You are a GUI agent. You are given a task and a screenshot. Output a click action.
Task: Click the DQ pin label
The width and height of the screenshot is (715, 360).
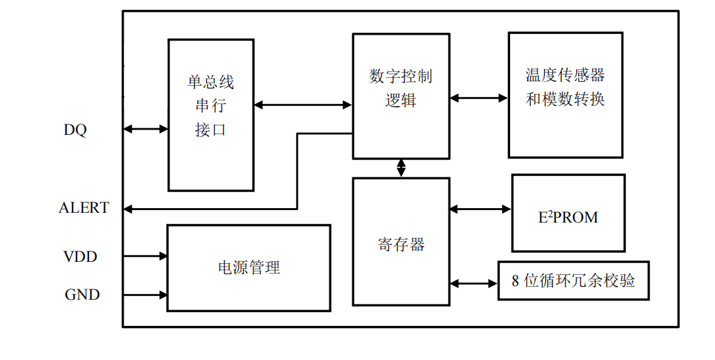75,130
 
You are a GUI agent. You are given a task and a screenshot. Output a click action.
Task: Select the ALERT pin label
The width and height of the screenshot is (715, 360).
84,208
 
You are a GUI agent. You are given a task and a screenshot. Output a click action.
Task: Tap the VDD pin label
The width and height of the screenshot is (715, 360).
81,257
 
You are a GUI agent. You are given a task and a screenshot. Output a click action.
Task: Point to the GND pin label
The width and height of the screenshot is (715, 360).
82,295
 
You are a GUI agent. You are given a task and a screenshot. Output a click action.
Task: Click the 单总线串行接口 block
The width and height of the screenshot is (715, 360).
211,115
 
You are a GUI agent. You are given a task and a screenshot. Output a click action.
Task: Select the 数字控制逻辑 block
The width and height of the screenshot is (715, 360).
401,96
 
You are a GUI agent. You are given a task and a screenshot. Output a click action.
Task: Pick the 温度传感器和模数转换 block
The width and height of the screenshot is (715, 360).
565,96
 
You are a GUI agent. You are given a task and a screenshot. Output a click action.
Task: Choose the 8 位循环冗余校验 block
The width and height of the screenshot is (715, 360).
574,281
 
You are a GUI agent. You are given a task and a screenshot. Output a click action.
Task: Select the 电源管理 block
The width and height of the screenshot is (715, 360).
249,268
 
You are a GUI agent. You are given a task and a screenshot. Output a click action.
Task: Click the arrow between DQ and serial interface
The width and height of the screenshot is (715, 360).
145,130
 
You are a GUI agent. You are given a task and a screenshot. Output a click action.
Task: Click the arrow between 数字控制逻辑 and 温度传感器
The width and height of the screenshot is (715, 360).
479,98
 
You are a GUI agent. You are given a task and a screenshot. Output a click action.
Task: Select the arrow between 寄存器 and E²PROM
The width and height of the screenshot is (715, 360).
481,209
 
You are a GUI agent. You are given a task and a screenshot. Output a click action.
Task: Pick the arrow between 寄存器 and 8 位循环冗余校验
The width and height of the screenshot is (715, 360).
473,283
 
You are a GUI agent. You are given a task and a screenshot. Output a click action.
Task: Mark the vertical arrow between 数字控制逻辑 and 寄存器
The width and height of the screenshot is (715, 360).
401,168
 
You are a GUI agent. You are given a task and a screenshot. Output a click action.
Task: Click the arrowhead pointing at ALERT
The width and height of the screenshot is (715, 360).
129,209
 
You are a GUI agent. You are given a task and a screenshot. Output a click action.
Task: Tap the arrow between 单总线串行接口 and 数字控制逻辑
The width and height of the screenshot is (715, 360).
303,105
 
